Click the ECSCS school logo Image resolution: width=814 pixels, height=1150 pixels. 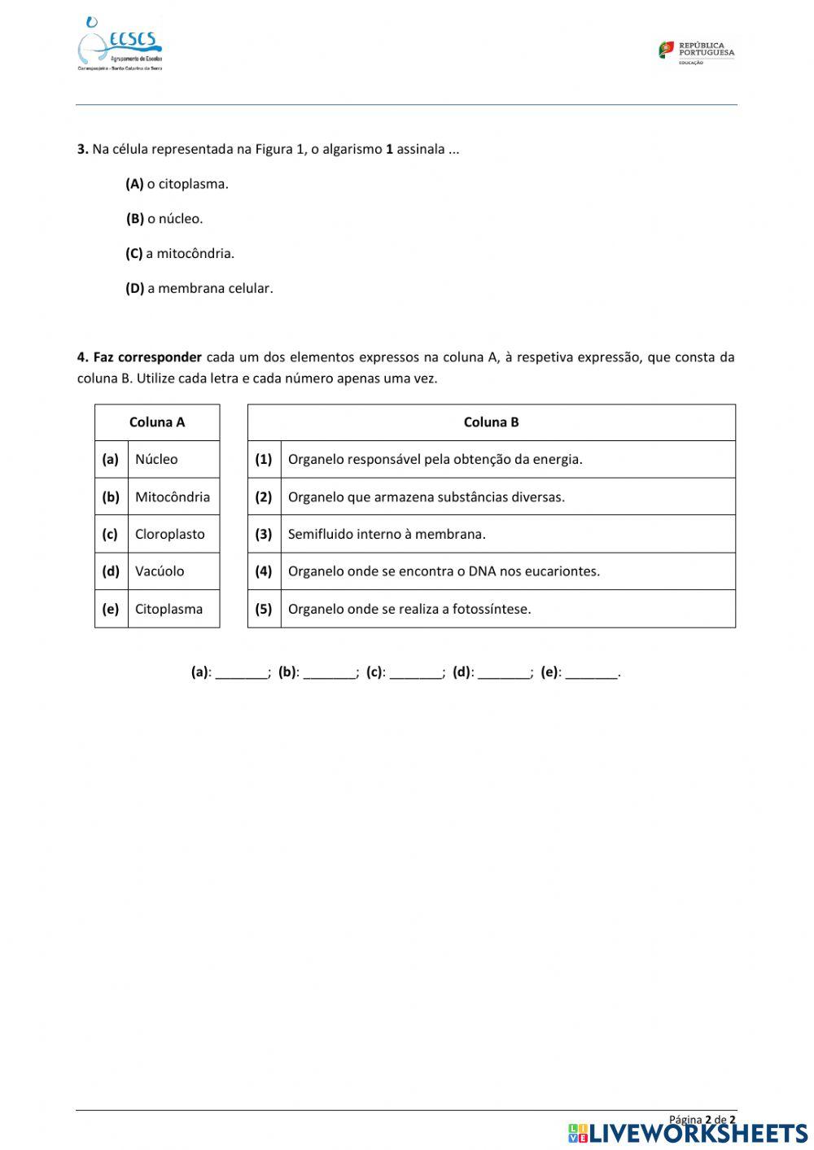(120, 45)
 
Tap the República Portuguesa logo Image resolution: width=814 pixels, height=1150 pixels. (696, 52)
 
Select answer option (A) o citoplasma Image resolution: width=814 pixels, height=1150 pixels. (177, 184)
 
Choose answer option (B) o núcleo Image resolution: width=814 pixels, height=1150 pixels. (164, 219)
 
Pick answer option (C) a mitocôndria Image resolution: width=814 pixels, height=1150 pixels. (180, 253)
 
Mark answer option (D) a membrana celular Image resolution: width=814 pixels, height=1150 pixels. (199, 288)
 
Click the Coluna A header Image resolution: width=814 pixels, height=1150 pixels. (157, 422)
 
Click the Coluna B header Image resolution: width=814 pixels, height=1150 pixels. (491, 422)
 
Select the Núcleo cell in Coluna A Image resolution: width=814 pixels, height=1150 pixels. (156, 459)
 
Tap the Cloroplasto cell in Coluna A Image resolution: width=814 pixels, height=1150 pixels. (170, 534)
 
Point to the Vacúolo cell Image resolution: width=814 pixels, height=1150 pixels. (160, 571)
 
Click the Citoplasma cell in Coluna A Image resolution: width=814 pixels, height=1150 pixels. (168, 609)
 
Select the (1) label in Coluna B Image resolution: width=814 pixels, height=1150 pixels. (264, 459)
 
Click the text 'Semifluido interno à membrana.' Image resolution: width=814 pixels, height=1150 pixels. (387, 534)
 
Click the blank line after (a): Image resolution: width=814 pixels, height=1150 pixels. (241, 673)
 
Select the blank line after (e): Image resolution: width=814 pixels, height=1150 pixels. (591, 673)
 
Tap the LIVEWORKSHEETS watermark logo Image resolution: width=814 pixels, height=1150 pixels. (688, 1133)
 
